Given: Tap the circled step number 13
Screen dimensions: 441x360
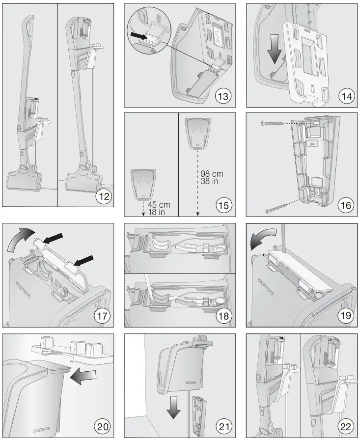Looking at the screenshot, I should pos(223,96).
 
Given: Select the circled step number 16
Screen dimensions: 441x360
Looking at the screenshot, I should pos(346,205).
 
